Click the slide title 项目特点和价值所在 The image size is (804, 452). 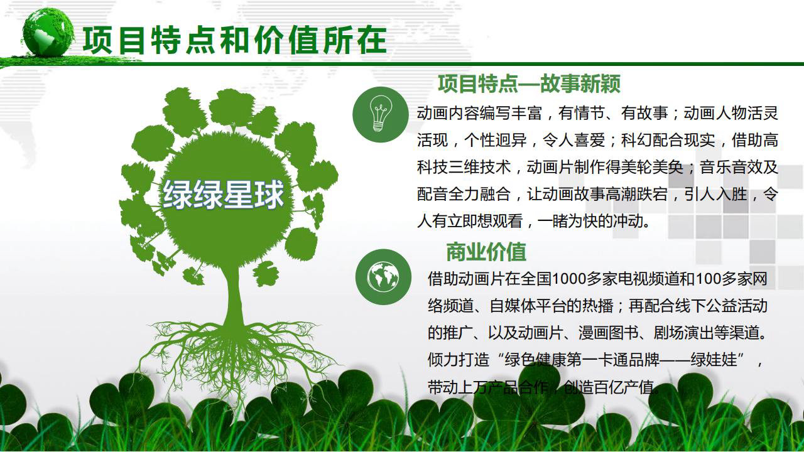click(235, 40)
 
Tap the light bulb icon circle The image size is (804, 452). click(381, 114)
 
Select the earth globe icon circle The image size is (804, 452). click(383, 277)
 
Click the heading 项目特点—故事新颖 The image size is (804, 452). click(529, 83)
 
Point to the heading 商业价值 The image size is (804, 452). click(486, 252)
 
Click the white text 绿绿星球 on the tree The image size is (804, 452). click(223, 195)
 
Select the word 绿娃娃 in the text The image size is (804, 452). click(714, 360)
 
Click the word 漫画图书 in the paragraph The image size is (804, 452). click(609, 333)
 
